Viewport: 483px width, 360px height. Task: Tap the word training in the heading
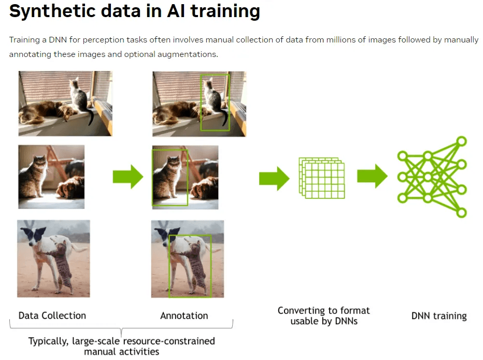(225, 11)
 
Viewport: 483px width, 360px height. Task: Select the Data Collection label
(52, 315)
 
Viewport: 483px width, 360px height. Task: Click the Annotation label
(184, 315)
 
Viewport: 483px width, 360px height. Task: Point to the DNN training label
(439, 316)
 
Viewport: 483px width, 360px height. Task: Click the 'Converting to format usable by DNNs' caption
(324, 315)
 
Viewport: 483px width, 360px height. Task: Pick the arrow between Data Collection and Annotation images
(128, 177)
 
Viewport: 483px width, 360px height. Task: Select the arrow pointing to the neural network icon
(372, 176)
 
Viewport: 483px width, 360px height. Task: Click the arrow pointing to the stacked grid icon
(274, 179)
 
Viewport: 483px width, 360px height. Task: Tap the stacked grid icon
(322, 178)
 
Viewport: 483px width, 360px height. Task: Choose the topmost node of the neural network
(461, 141)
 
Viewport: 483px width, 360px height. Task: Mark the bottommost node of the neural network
(461, 212)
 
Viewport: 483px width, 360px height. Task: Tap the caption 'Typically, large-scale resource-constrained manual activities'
(122, 346)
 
